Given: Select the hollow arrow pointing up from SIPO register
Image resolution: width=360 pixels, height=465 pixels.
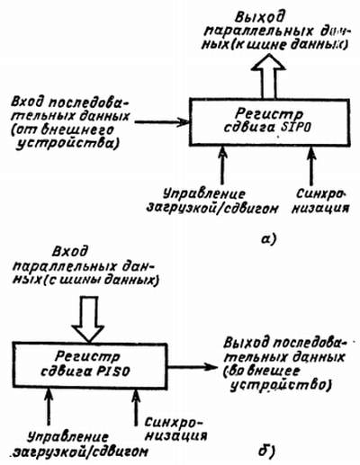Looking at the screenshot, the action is tap(268, 76).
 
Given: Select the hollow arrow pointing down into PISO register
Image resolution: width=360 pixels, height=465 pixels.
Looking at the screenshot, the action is tap(88, 319).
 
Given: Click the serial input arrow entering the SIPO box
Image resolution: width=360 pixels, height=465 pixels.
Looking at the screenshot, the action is tap(162, 121).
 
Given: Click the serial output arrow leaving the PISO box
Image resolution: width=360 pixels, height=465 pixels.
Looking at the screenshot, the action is tap(192, 366).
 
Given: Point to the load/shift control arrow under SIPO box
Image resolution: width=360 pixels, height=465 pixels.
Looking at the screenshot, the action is tap(222, 165).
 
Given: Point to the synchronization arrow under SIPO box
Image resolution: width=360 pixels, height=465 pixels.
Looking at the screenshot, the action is tap(311, 165).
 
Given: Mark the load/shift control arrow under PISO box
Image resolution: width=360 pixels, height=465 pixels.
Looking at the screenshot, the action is tap(49, 407).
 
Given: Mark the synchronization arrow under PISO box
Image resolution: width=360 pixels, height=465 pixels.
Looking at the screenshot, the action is tap(136, 407).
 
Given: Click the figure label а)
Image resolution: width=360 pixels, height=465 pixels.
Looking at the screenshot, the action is tap(268, 239).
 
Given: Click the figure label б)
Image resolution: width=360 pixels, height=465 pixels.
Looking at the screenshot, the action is tap(267, 451).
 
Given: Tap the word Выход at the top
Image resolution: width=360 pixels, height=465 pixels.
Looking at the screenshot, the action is tap(259, 17).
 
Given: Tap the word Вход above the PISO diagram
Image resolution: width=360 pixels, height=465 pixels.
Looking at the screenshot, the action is tap(70, 251).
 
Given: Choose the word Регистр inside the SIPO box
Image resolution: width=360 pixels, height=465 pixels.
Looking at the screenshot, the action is tap(269, 113).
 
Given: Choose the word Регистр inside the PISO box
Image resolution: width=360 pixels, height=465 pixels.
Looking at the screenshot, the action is tap(87, 356).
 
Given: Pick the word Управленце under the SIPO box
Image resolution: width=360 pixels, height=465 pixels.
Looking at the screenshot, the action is tap(204, 194).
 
